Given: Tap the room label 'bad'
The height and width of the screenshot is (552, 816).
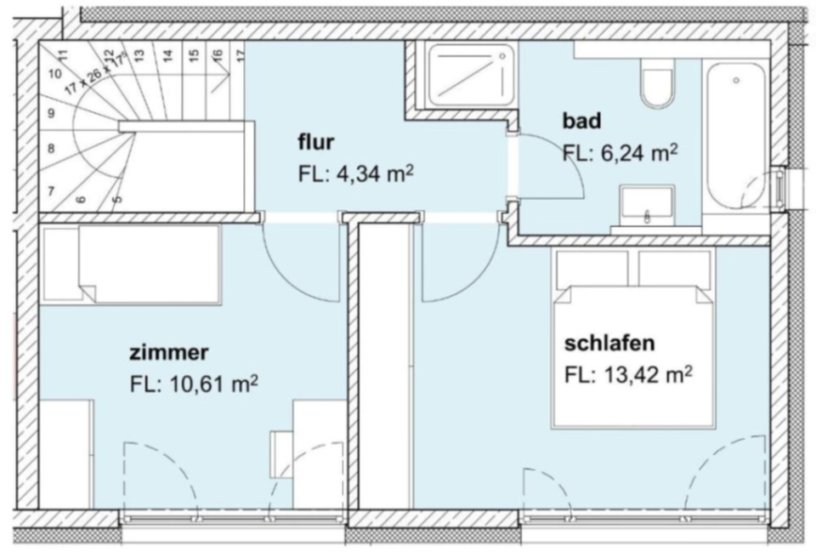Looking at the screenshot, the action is coord(582,121).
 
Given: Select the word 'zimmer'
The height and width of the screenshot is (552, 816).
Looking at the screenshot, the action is coord(169,351).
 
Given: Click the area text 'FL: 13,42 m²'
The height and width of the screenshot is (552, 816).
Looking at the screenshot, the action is coord(627,375).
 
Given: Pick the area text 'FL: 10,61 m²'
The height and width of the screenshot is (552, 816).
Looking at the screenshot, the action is coord(194,384).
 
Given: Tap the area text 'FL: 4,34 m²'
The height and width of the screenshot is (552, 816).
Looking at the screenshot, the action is coord(355,174).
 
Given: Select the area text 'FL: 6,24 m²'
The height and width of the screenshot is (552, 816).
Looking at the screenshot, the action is coord(620,153).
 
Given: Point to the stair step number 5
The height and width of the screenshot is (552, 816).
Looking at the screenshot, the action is coord(116,199).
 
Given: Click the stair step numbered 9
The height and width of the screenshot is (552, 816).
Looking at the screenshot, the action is coord(52,112).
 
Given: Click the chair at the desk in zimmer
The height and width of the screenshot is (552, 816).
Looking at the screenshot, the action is coord(282,453).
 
